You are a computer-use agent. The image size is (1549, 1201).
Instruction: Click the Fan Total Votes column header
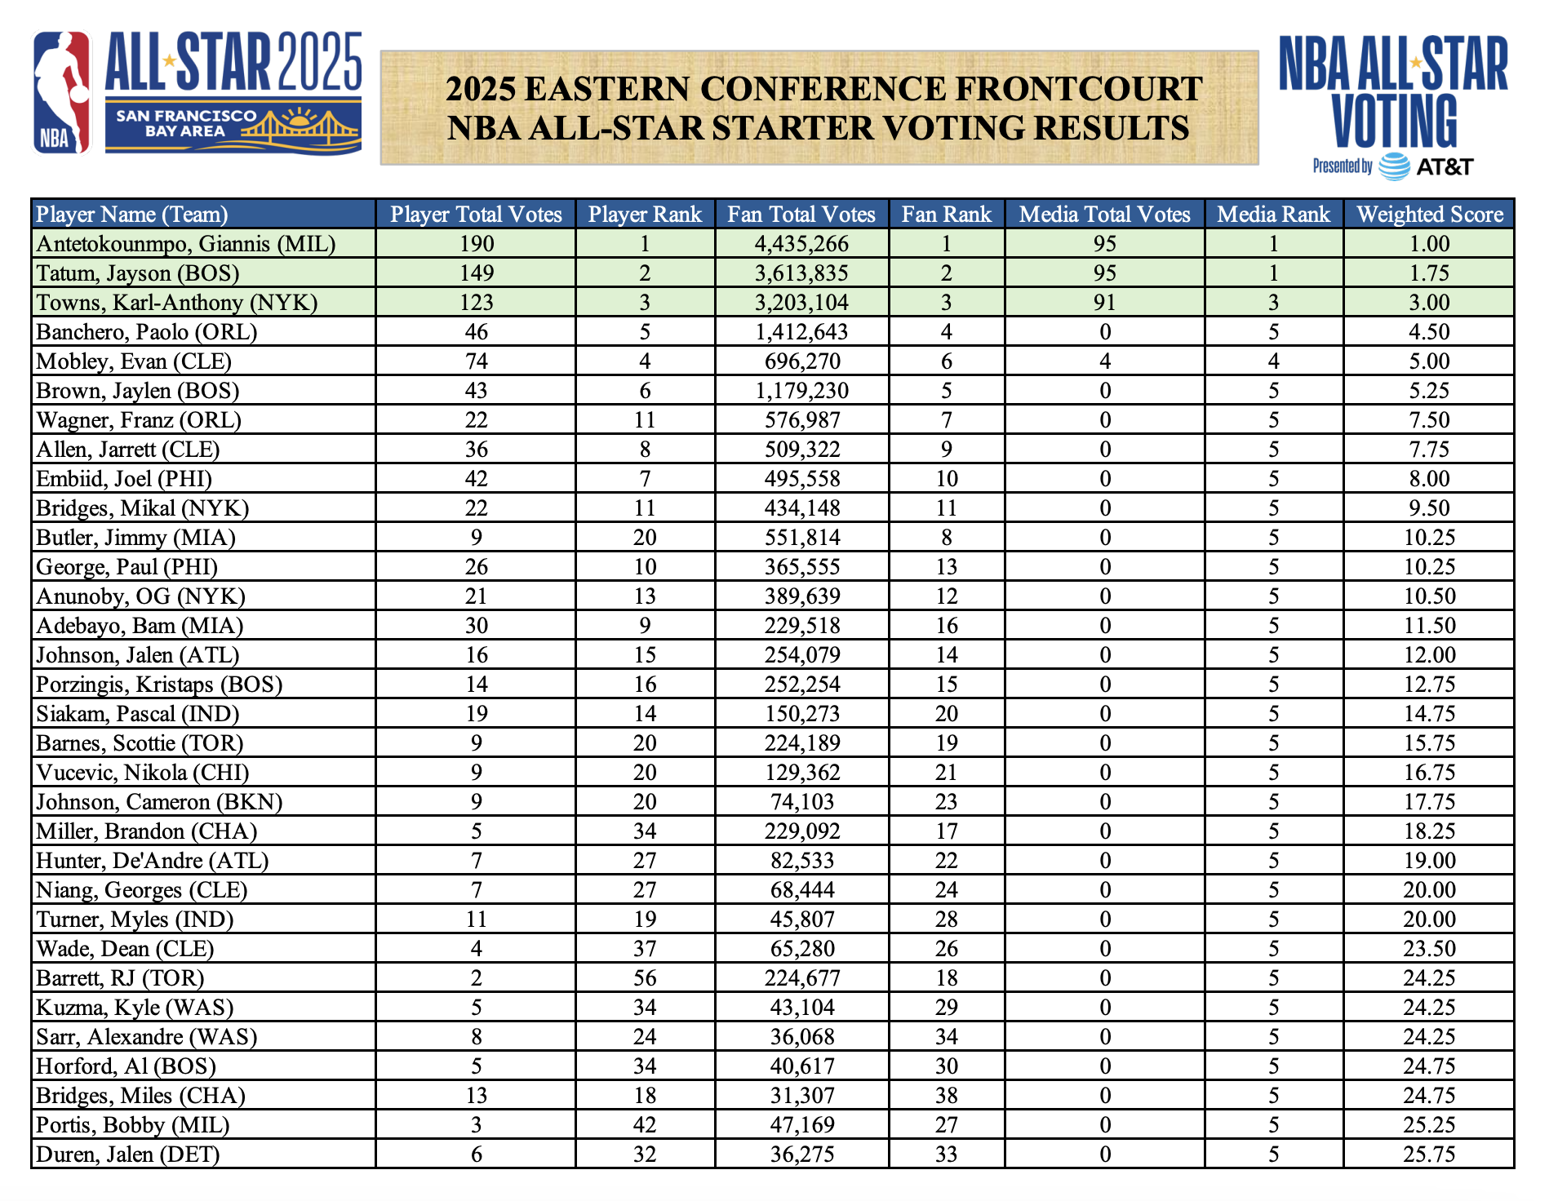[801, 215]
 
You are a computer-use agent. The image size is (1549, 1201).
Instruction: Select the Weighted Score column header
[1429, 215]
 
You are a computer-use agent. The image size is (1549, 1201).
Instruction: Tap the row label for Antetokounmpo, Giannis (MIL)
[186, 244]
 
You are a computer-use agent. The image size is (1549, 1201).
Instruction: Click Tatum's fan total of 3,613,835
[801, 273]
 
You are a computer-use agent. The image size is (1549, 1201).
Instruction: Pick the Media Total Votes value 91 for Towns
[1104, 303]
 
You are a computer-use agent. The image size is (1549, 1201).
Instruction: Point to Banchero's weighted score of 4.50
[1429, 332]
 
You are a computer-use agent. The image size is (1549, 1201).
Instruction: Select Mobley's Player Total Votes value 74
[476, 361]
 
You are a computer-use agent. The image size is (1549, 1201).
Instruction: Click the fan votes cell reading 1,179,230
[801, 391]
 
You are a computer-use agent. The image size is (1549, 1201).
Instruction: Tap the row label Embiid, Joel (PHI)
[124, 479]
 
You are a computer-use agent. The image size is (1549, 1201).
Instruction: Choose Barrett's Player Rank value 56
[645, 978]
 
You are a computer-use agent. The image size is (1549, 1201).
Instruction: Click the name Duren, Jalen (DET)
[128, 1154]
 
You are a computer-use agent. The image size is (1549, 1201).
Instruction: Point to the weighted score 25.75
[1429, 1154]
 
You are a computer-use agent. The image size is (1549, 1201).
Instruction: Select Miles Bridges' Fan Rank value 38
[946, 1096]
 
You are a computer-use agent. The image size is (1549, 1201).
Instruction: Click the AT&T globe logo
[1394, 166]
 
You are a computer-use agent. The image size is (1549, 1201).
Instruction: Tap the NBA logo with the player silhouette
[62, 92]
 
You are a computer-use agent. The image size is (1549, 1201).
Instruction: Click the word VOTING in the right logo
[1394, 121]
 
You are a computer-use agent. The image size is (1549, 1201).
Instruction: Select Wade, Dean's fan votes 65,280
[801, 949]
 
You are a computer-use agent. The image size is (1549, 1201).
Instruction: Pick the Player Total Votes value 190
[476, 244]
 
